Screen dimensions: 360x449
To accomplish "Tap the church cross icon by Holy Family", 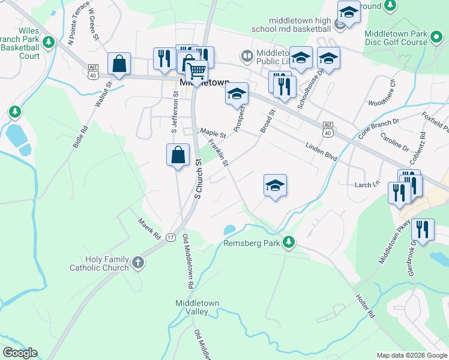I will tap(138, 263).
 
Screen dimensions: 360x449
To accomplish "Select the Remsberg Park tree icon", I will tap(289, 241).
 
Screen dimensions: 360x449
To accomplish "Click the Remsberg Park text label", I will tap(252, 244).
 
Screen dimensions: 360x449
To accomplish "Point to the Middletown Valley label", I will tap(197, 307).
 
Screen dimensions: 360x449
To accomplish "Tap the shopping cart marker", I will tap(197, 71).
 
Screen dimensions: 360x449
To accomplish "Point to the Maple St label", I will tap(212, 133).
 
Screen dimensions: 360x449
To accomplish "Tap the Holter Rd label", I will tap(366, 306).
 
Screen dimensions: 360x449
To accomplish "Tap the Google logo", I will tap(20, 353).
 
